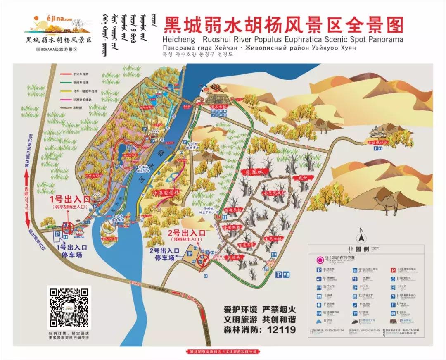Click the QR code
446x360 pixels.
(x=69, y=307)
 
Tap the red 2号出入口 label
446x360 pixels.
(x=186, y=233)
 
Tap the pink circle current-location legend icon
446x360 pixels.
(x=320, y=260)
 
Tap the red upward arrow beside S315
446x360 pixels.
(x=27, y=178)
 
